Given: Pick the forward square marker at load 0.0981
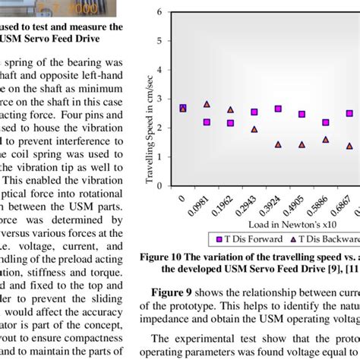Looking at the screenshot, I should click(x=207, y=122).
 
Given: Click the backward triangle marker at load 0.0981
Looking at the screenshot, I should click(x=207, y=104).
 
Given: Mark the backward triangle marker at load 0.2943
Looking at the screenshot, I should click(x=254, y=129).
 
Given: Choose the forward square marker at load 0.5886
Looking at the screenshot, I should click(x=326, y=122).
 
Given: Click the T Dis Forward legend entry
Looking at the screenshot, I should click(x=244, y=238).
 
